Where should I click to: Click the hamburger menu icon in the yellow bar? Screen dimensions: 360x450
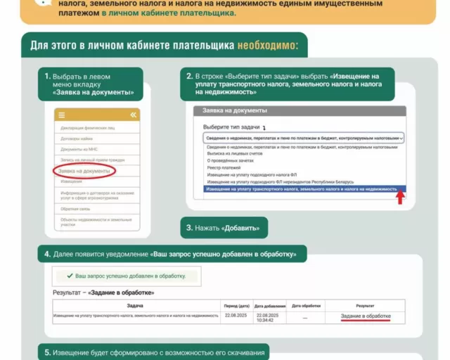[61, 115]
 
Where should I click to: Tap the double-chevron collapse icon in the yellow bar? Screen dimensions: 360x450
[133, 115]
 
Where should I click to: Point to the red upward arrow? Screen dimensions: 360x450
[400, 198]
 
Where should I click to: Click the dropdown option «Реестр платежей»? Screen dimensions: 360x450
[224, 168]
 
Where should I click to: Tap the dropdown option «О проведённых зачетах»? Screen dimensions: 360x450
[229, 160]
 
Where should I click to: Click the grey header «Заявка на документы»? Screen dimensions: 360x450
[235, 111]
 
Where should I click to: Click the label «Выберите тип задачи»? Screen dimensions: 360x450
[231, 127]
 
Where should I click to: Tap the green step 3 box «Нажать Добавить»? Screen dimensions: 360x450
[225, 228]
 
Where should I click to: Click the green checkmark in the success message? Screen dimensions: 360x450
[69, 276]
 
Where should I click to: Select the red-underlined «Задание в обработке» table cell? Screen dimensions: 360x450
[365, 316]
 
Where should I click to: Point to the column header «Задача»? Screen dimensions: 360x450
[135, 306]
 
